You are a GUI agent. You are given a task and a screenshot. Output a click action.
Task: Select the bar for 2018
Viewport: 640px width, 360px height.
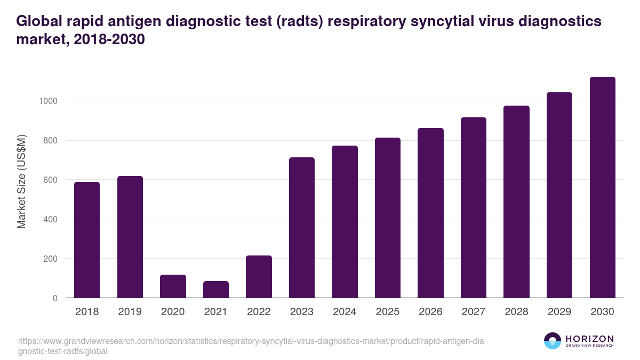coord(87,240)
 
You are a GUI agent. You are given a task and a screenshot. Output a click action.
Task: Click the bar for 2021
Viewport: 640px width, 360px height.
coord(216,290)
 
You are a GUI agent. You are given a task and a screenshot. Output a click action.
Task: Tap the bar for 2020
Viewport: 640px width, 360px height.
coord(173,286)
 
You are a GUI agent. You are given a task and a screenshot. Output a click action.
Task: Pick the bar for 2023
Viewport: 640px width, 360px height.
coord(302,228)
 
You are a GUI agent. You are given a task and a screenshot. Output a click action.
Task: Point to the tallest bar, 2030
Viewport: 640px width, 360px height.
coord(602,188)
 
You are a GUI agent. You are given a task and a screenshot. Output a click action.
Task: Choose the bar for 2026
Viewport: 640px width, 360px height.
coord(430,213)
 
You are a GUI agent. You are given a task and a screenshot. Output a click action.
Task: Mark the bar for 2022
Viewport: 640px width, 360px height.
coord(259,277)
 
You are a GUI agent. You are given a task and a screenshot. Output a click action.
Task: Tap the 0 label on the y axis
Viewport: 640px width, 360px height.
coord(55,298)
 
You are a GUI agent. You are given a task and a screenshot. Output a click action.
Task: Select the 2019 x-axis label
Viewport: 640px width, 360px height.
coord(130,312)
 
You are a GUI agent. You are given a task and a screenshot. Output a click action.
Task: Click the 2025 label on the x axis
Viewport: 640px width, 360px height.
coord(387,312)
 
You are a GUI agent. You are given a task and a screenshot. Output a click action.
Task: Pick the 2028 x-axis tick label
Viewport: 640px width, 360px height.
coord(516,312)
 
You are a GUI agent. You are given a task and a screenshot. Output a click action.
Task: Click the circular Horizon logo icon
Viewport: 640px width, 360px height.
coord(553,341)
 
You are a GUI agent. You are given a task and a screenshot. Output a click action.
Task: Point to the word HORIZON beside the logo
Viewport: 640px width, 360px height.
coord(589,338)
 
